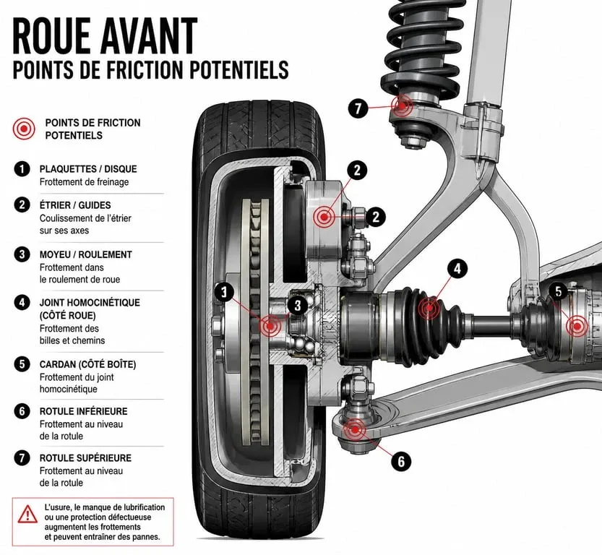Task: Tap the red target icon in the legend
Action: point(24,129)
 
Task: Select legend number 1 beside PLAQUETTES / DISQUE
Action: point(22,169)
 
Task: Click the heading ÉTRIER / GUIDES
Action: point(75,205)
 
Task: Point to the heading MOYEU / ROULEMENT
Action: point(85,254)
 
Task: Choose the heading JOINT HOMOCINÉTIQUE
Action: point(90,303)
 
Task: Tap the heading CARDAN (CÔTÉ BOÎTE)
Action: point(88,364)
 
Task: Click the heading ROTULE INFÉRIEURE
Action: point(83,411)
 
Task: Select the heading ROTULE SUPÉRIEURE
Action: point(85,458)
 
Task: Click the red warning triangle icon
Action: point(27,515)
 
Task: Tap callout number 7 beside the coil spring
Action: point(358,108)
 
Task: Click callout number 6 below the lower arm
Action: point(401,460)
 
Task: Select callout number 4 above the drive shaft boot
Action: point(457,269)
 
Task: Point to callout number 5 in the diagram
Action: point(559,292)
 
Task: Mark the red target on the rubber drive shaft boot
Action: point(429,308)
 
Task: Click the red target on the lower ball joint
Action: point(354,430)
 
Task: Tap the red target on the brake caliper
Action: point(324,217)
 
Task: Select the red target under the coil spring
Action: point(402,106)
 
